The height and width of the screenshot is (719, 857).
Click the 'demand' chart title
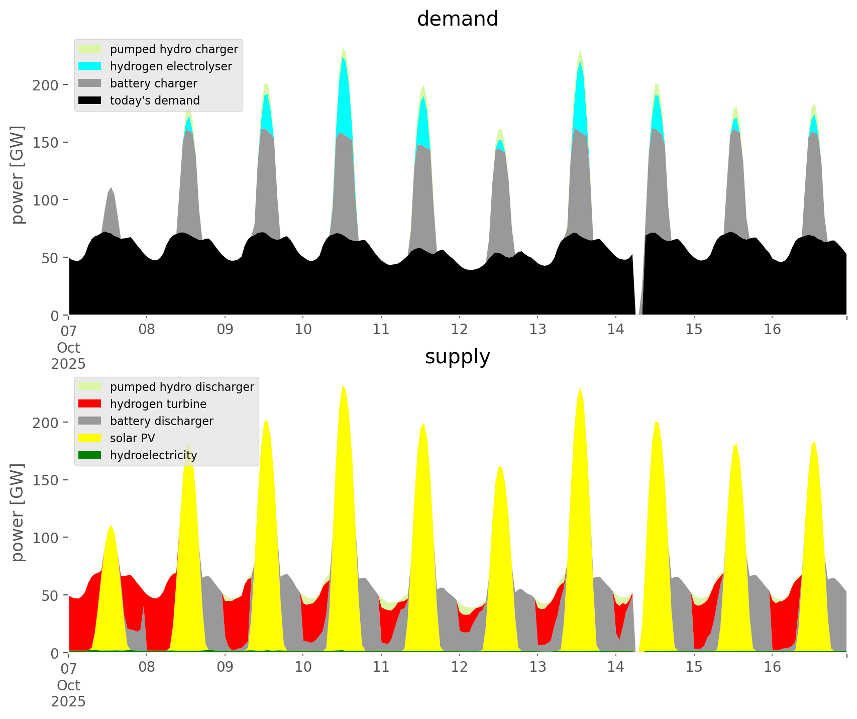point(457,19)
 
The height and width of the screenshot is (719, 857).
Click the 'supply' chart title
point(457,357)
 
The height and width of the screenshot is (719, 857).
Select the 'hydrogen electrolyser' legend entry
point(171,66)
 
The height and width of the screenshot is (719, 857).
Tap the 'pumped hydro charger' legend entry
point(174,49)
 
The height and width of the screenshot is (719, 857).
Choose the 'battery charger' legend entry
point(153,83)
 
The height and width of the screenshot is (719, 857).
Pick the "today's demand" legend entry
point(155,100)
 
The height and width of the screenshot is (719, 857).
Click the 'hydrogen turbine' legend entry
point(158,404)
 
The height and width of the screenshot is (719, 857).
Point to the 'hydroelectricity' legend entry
point(153,455)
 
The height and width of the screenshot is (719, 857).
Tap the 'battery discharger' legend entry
point(161,421)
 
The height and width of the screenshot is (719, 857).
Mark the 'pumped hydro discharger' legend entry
point(182,387)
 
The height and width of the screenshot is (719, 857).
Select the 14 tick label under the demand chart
point(615,330)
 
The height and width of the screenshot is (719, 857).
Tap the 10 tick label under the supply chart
point(303,667)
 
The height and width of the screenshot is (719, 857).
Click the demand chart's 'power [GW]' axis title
point(18,175)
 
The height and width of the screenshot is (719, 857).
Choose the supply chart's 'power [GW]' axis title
point(18,512)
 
